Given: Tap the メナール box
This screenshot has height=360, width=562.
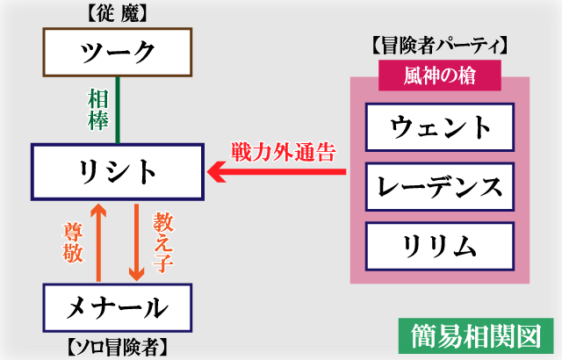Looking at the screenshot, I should pos(116,306).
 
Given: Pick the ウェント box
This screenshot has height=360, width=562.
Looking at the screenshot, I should pos(440,127).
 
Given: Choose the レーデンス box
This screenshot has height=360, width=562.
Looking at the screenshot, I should pos(440,185).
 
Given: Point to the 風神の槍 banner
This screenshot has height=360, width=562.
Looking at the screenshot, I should pos(440,75).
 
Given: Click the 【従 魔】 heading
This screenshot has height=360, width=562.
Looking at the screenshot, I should pos(116,15).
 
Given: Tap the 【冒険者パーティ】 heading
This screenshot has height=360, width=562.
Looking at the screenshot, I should pos(440,45).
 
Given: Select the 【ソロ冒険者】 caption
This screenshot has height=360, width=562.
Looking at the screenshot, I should pos(116,345).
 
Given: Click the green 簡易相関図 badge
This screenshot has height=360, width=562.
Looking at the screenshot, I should pos(475,335).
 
